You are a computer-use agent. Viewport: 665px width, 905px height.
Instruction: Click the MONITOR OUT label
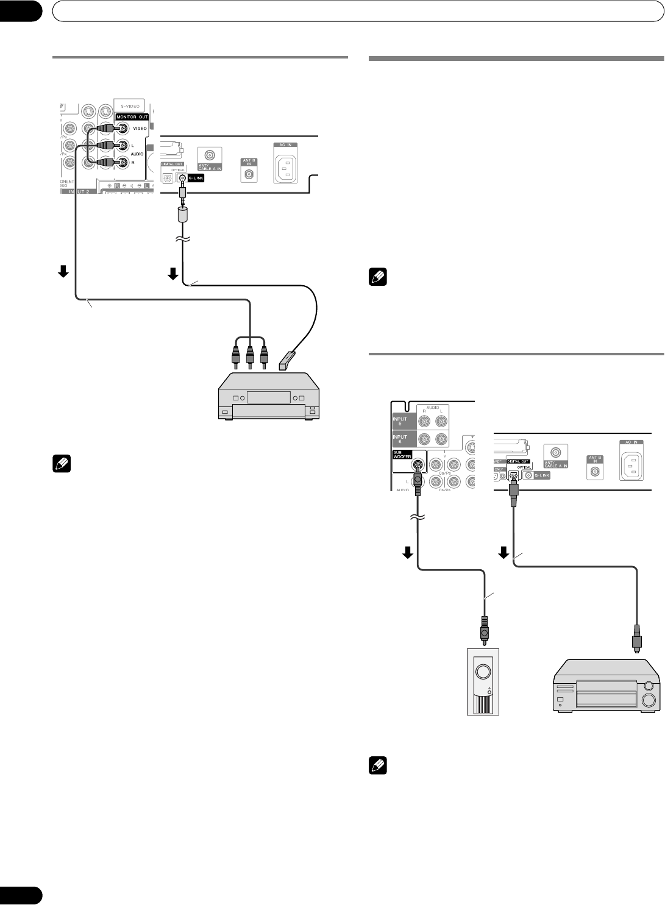pos(131,116)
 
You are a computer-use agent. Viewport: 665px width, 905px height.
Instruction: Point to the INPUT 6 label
pos(400,439)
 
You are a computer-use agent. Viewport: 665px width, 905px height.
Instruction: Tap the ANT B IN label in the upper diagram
pos(248,161)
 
